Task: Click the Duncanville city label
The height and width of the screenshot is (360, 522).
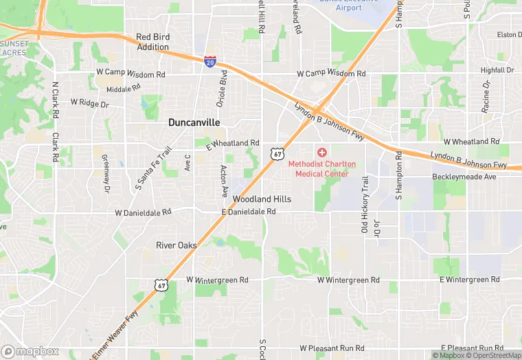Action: [x=194, y=122]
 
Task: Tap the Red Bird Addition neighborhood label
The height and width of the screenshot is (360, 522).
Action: [x=152, y=42]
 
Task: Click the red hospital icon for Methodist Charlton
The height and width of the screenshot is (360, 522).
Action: [x=322, y=152]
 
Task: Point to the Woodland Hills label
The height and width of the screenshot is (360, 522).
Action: [x=262, y=199]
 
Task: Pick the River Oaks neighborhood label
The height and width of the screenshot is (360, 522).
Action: [x=177, y=245]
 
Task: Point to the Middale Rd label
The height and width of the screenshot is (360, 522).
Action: [x=124, y=89]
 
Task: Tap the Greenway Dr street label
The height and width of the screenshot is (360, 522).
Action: [x=106, y=172]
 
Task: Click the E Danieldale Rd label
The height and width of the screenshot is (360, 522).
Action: [x=249, y=212]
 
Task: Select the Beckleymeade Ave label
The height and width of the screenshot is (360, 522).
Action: [x=464, y=177]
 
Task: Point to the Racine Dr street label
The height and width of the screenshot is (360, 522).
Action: [x=486, y=95]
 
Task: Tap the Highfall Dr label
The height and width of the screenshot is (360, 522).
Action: [x=497, y=70]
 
